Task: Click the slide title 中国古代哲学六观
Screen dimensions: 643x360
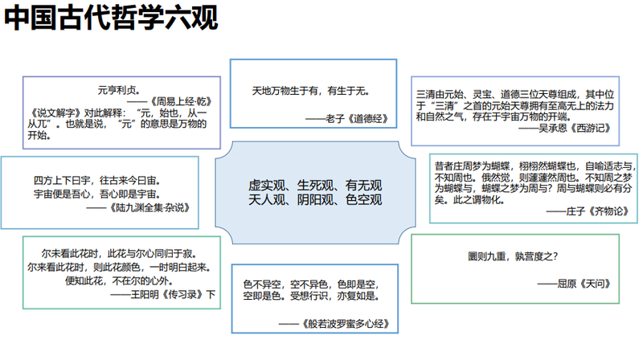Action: (111, 18)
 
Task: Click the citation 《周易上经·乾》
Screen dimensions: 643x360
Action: (180, 101)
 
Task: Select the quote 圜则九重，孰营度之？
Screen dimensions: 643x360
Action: (513, 256)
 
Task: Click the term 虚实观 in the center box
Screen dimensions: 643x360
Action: (267, 186)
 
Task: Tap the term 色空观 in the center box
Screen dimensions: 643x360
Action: (364, 199)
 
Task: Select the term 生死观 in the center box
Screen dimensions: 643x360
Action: (315, 186)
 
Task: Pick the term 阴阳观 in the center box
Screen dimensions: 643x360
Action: (315, 199)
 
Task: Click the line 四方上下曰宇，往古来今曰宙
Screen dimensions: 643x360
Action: (96, 181)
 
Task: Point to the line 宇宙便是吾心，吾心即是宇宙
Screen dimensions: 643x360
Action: (96, 194)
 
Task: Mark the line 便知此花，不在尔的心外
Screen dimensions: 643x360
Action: (119, 281)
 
